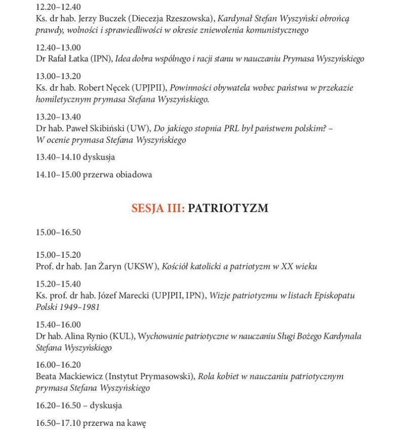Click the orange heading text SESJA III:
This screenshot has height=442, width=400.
[157, 208]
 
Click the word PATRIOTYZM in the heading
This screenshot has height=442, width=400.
[228, 208]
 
